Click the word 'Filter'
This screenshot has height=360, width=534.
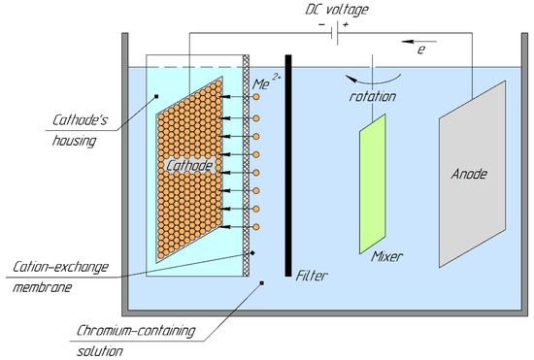point(313,275)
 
